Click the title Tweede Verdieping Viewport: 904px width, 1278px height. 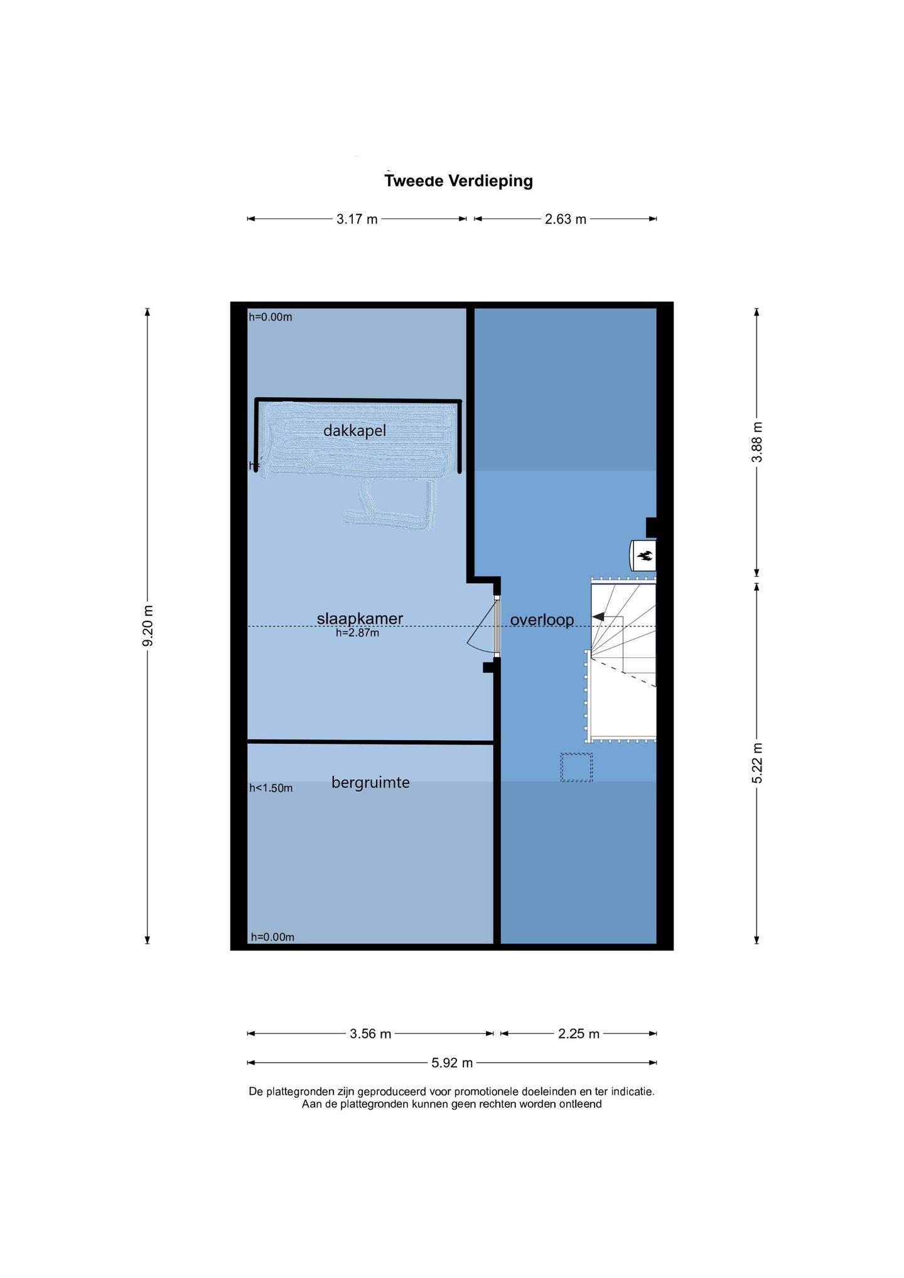tap(458, 181)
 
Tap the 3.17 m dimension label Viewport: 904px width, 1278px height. tap(357, 219)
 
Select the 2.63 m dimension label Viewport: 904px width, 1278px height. tap(566, 219)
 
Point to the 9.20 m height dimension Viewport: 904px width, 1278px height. tap(148, 626)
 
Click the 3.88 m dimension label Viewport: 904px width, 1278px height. tap(757, 442)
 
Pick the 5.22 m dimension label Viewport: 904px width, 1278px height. tap(757, 763)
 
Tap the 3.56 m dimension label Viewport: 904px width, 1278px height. tap(370, 1034)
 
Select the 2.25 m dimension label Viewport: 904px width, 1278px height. tap(579, 1034)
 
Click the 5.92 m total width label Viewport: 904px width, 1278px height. tap(452, 1063)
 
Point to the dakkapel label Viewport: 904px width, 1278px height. tap(355, 431)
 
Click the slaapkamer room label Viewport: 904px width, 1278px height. tap(360, 618)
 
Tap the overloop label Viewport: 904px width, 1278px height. tap(542, 620)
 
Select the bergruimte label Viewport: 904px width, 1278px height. tap(370, 782)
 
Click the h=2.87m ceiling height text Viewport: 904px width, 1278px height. tap(357, 633)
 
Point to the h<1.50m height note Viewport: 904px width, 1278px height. tap(271, 788)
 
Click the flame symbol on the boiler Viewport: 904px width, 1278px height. tap(645, 555)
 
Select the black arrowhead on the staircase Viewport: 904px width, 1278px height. tap(599, 616)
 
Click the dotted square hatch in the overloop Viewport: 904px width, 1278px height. tap(576, 767)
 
